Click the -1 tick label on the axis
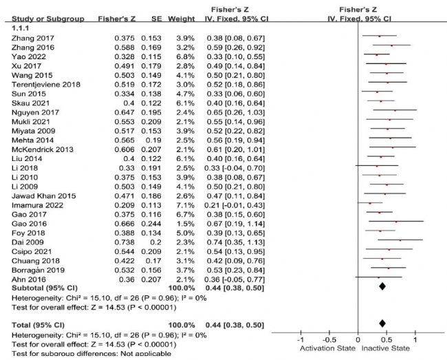[300, 340]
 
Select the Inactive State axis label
[406, 349]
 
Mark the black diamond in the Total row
[382, 322]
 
